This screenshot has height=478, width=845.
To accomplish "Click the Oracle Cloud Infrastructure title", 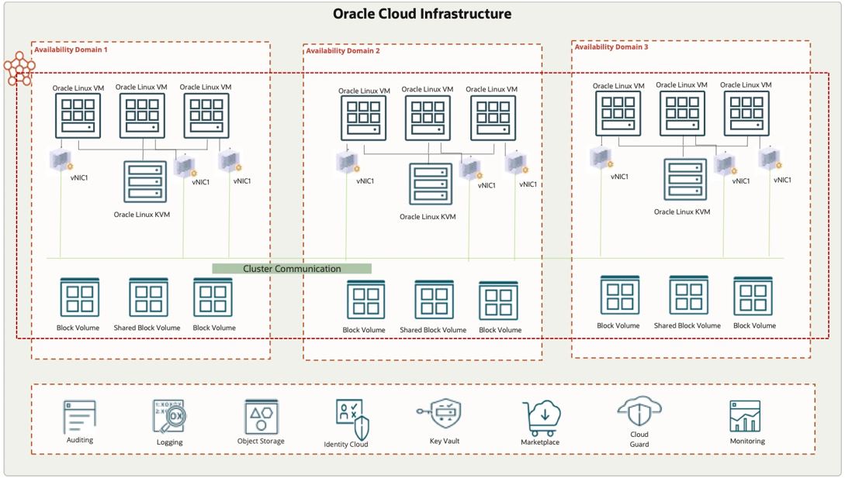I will (422, 14).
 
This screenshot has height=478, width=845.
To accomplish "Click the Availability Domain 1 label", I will (71, 50).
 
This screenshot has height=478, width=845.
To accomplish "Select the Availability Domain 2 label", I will (343, 51).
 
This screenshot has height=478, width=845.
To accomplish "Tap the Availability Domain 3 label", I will (611, 47).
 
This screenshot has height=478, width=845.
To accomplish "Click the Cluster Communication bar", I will (292, 269).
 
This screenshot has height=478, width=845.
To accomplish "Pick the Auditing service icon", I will (79, 417).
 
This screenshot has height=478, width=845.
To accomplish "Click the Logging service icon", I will (168, 417).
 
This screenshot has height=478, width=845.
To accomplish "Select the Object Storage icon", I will (261, 417).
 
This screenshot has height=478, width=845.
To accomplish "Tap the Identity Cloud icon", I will (352, 419).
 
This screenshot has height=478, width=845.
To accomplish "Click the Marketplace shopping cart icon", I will (541, 418).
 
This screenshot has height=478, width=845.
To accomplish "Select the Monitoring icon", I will (746, 417).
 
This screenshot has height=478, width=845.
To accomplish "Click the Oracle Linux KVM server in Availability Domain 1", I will (145, 181).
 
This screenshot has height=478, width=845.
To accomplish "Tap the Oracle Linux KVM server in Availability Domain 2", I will (431, 184).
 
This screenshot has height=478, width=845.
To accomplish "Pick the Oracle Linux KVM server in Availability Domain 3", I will (684, 180).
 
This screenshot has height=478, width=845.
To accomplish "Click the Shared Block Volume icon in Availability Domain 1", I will (147, 297).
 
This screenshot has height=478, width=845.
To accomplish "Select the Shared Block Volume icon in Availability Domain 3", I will (687, 295).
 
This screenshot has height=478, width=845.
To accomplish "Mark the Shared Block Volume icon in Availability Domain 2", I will (434, 301).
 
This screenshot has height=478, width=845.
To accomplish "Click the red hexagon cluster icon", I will (18, 70).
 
